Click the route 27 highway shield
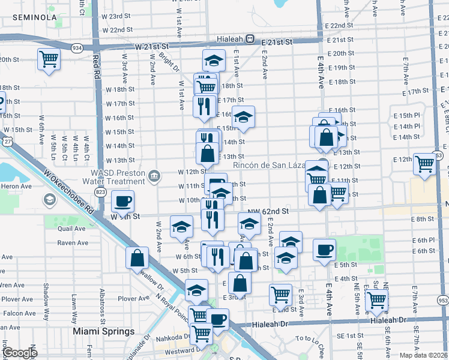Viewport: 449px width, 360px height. point(7,140)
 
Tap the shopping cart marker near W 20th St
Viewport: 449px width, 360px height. point(49,59)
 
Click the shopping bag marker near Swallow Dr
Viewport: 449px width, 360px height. point(137,258)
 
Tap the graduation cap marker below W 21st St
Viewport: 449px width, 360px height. point(213,60)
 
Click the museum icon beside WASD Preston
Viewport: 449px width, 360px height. point(155,176)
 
